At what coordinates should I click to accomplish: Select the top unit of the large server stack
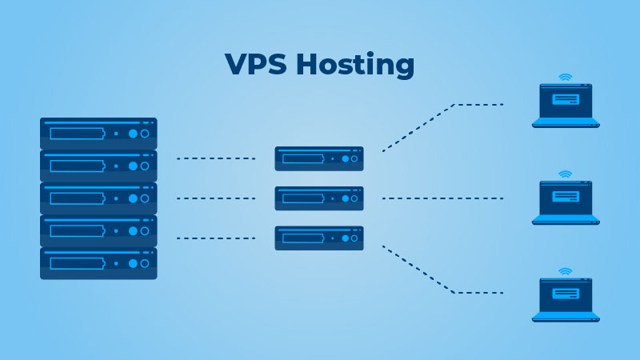pos(98,134)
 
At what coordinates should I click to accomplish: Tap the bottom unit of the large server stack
pos(98,263)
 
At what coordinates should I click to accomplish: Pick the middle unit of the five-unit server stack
pos(98,198)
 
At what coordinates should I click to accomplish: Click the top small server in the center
pos(319,158)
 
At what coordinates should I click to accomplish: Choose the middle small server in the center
pos(319,198)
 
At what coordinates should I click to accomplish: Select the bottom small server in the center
pos(319,238)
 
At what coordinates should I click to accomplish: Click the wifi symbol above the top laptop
pos(566,78)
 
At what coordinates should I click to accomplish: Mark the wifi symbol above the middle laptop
pos(566,174)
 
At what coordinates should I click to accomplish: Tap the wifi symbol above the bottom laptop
pos(566,271)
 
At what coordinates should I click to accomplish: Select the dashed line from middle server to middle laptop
pos(442,198)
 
